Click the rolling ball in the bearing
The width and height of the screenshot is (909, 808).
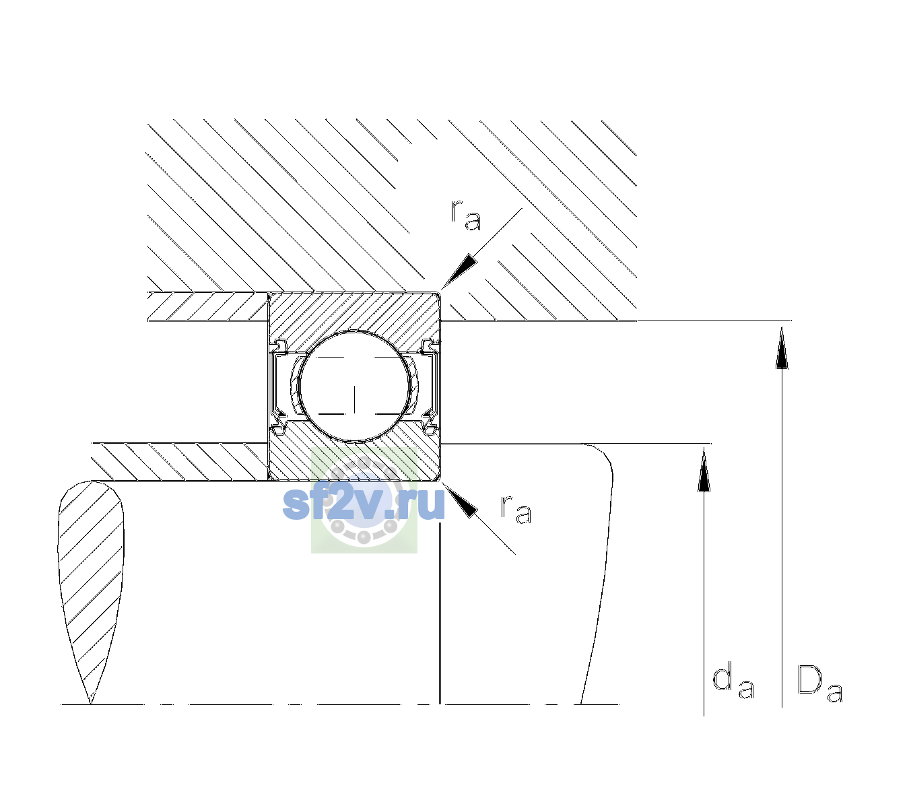pyautogui.click(x=354, y=386)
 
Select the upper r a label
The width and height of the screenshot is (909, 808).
pyautogui.click(x=465, y=215)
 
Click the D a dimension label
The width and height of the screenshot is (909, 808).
pyautogui.click(x=819, y=683)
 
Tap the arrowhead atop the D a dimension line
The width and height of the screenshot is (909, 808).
pyautogui.click(x=782, y=348)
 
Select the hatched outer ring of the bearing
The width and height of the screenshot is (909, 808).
pyautogui.click(x=354, y=312)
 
